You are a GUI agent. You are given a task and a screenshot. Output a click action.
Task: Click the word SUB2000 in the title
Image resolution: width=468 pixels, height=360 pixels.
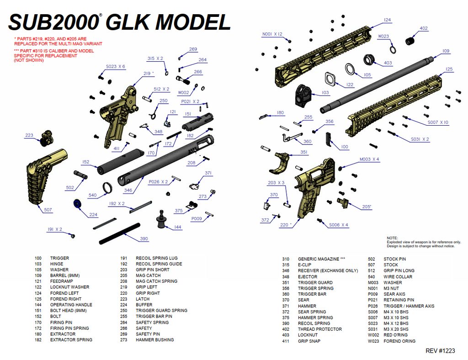pyautogui.click(x=54, y=22)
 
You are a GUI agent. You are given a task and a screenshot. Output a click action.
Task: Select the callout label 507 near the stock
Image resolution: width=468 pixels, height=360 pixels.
pyautogui.click(x=48, y=210)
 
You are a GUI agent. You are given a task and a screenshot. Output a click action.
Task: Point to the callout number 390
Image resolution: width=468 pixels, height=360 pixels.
pyautogui.click(x=144, y=238)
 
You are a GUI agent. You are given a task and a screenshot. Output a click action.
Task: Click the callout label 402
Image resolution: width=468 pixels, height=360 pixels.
pyautogui.click(x=424, y=28)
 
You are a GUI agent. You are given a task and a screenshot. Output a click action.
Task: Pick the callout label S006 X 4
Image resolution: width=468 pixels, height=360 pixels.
pyautogui.click(x=339, y=225)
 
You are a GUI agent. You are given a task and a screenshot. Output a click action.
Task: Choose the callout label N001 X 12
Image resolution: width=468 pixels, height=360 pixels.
pyautogui.click(x=272, y=34)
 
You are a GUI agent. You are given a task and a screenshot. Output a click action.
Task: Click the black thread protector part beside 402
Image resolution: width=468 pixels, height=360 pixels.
pyautogui.click(x=410, y=41)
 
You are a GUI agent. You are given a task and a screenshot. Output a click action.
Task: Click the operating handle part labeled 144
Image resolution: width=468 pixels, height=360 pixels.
pyautogui.click(x=161, y=219)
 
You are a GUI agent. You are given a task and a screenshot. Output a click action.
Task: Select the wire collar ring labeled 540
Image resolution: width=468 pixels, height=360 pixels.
pyautogui.click(x=108, y=187)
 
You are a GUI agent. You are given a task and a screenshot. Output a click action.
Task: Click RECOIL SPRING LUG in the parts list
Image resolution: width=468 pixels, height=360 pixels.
pyautogui.click(x=156, y=258)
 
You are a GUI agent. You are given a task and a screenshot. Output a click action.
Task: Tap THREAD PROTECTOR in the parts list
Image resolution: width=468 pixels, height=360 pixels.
pyautogui.click(x=319, y=329)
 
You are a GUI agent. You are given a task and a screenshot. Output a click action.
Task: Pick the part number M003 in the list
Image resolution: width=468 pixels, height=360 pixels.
pyautogui.click(x=374, y=282)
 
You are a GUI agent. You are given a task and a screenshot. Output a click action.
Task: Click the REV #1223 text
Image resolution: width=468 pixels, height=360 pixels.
pyautogui.click(x=440, y=351)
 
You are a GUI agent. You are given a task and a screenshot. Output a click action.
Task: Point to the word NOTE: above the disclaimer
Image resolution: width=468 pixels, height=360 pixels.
pyautogui.click(x=392, y=238)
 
